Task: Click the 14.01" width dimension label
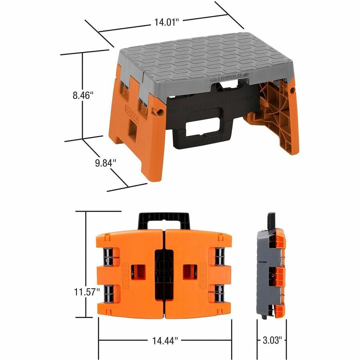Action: [x=166, y=23]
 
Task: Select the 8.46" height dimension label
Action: [x=83, y=96]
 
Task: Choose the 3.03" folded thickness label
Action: [x=272, y=340]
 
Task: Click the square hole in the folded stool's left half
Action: [x=141, y=272]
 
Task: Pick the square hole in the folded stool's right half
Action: [x=188, y=272]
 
